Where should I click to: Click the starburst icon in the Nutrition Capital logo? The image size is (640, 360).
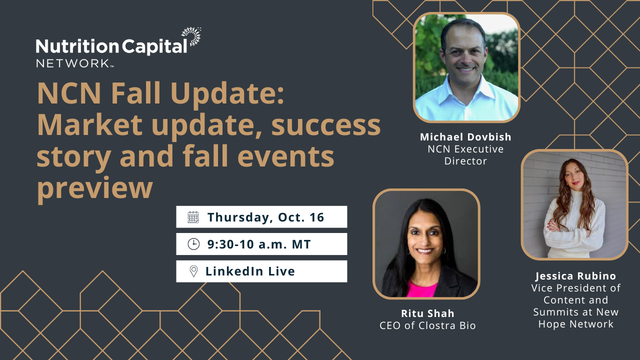(191, 36)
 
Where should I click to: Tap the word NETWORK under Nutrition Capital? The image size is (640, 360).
(73, 63)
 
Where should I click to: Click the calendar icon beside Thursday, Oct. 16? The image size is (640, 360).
(193, 217)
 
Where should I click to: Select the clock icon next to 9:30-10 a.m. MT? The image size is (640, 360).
(193, 244)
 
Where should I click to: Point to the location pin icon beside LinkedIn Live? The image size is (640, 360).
(193, 271)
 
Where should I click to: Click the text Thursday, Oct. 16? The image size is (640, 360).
(265, 217)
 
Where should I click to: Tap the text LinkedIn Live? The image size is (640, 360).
(250, 271)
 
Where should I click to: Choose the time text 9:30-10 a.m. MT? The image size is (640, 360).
(259, 244)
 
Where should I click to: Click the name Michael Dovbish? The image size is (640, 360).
(465, 137)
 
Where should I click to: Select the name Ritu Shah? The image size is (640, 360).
(427, 313)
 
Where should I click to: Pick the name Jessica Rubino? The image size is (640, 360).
(575, 276)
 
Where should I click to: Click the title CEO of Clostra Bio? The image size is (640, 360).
(427, 325)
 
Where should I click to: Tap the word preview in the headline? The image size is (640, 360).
(95, 187)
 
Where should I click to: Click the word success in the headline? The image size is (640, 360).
(326, 125)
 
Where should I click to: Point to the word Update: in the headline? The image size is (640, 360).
(227, 94)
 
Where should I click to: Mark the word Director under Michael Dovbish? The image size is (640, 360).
(465, 161)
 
